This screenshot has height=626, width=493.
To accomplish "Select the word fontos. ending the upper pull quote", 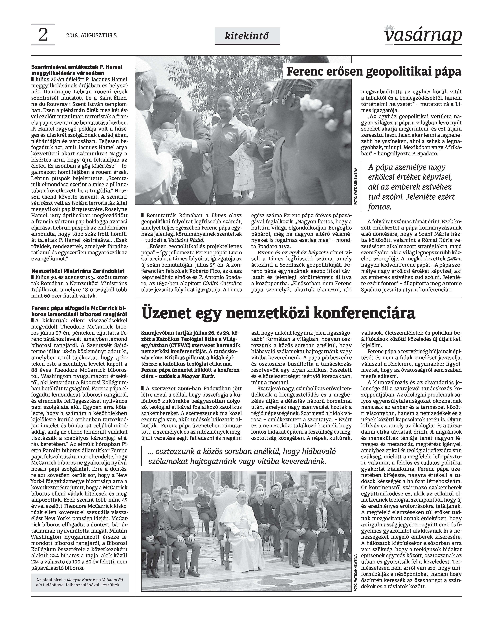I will (380, 207).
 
